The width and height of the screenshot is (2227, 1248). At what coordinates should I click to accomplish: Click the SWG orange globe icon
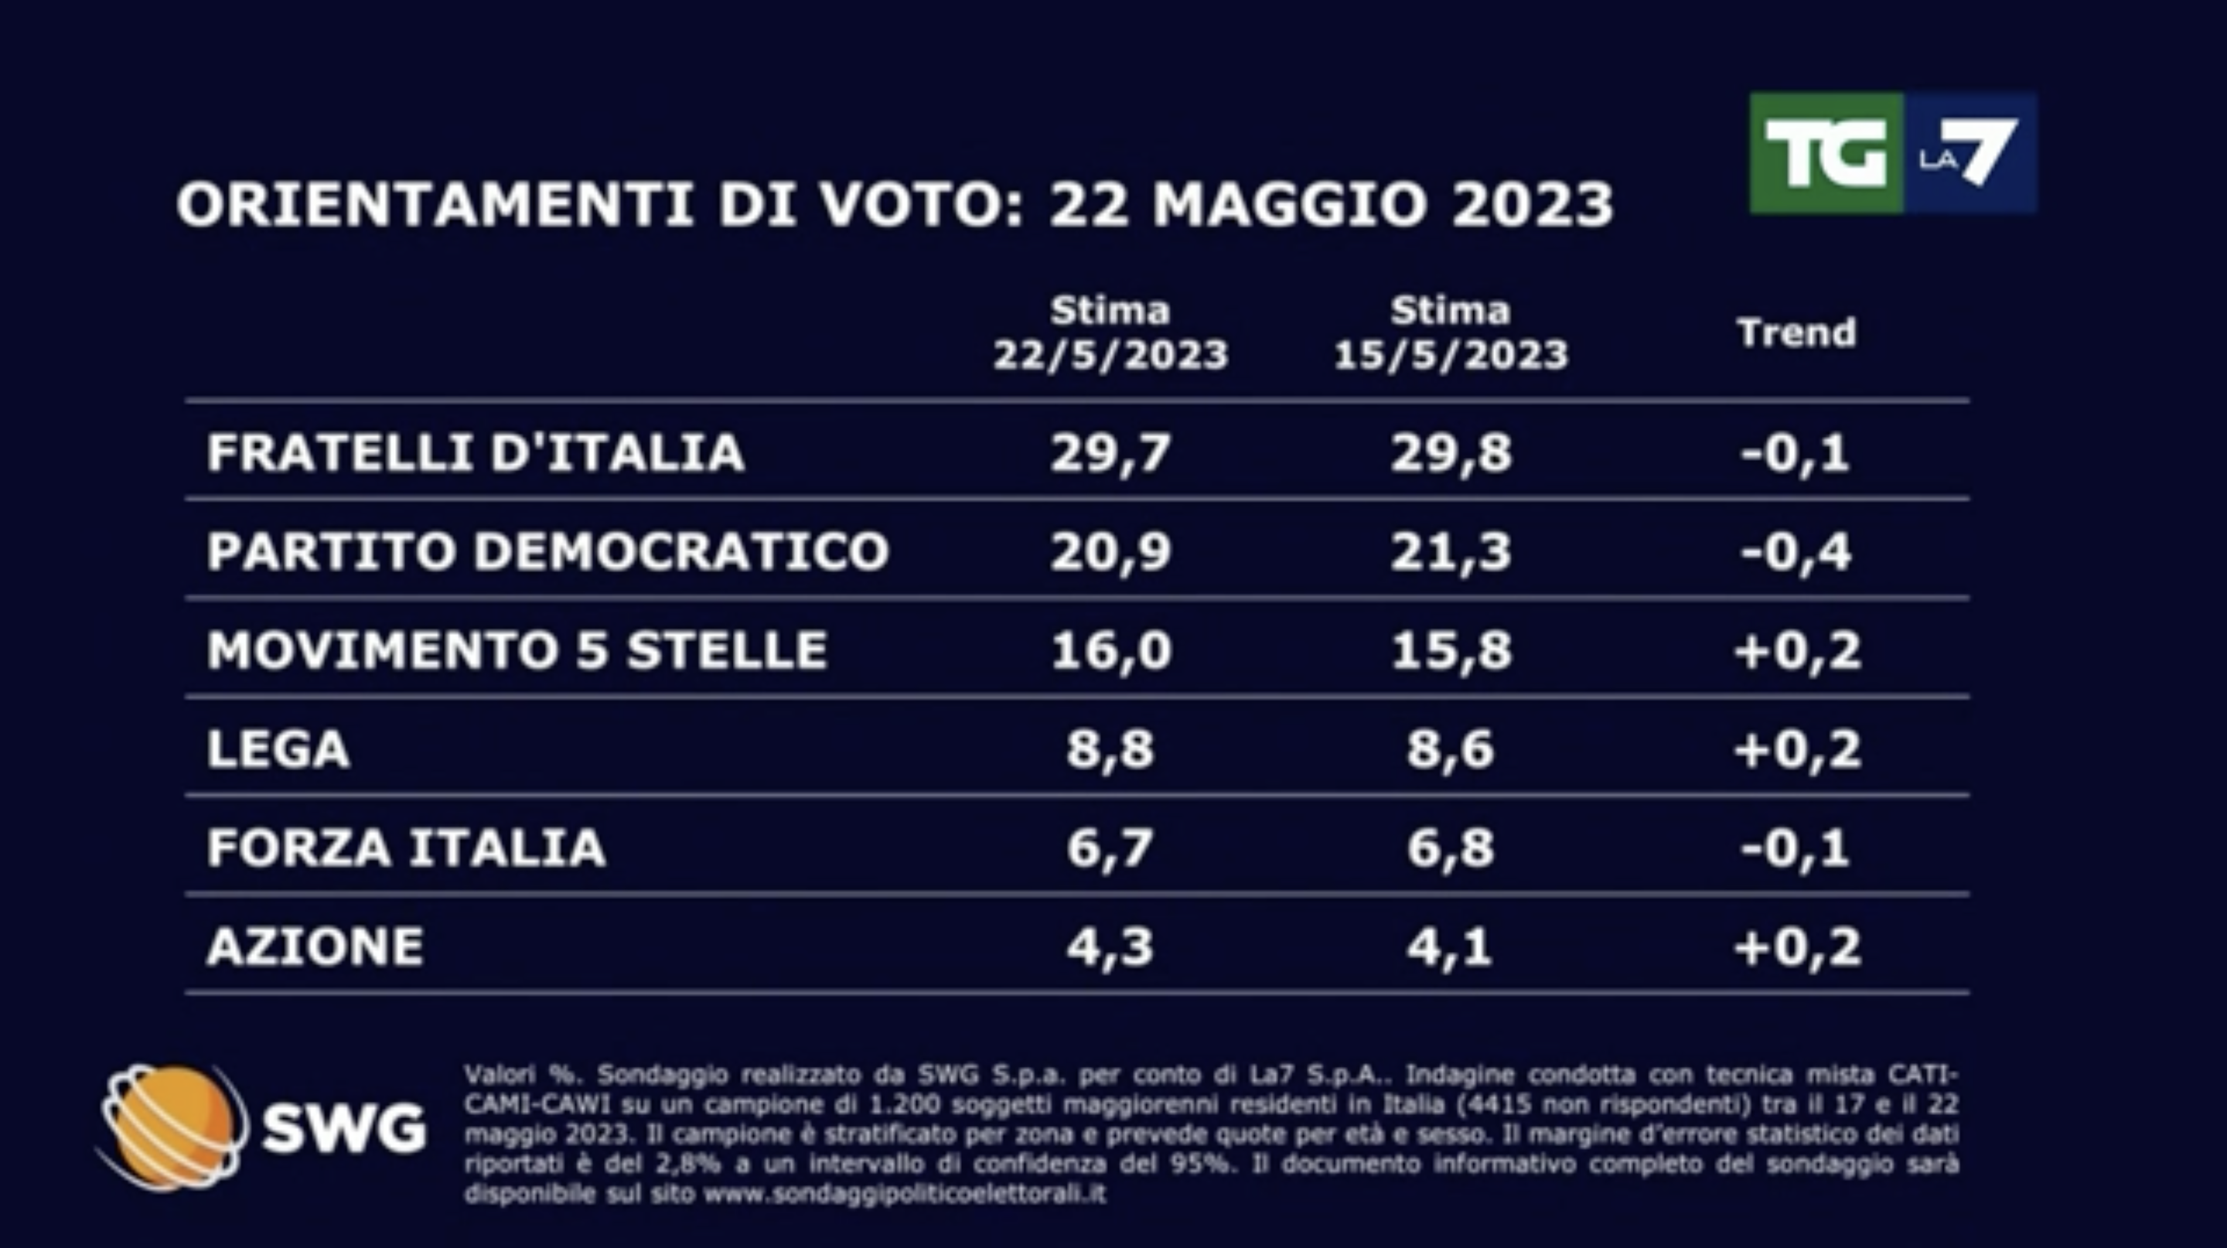[x=173, y=1126]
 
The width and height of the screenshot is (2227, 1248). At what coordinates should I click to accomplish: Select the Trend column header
[x=1796, y=332]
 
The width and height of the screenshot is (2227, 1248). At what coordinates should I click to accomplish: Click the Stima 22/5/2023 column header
[x=1110, y=332]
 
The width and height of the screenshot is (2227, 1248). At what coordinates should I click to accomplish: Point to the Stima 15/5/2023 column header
[x=1451, y=332]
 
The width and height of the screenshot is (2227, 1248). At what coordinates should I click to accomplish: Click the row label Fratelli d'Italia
[x=476, y=452]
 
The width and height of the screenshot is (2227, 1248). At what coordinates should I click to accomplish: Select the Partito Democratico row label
[x=547, y=551]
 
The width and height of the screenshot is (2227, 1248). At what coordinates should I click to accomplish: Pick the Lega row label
[x=278, y=748]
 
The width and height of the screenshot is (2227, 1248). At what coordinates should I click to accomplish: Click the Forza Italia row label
[x=406, y=847]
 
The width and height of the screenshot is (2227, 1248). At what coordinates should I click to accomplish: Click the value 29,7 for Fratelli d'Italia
[x=1110, y=452]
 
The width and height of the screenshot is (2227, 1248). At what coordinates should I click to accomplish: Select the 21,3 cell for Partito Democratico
[x=1451, y=551]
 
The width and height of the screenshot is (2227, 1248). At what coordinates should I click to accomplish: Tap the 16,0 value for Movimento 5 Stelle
[x=1110, y=650]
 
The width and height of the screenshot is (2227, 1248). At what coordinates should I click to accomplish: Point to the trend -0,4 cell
[x=1796, y=551]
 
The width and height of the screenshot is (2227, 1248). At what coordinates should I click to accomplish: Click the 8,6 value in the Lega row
[x=1451, y=748]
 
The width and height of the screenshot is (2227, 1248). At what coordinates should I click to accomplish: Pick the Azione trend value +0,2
[x=1796, y=946]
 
